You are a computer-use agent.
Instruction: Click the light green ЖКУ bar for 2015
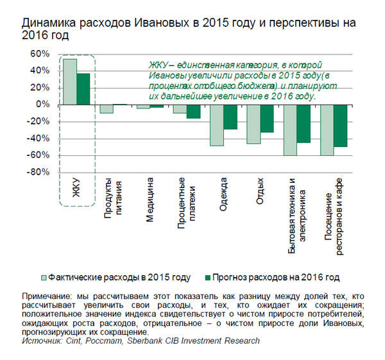70,81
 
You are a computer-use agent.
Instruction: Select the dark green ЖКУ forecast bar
83,89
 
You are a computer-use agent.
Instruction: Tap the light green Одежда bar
216,125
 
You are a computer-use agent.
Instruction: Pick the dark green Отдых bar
267,118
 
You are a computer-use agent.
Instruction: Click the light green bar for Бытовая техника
290,130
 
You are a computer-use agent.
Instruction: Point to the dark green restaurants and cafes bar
340,125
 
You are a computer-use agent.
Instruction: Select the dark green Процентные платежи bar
193,111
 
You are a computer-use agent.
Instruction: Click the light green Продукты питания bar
107,108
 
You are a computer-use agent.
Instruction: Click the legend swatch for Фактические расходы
44,278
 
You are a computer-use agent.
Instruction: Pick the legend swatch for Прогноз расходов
207,278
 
